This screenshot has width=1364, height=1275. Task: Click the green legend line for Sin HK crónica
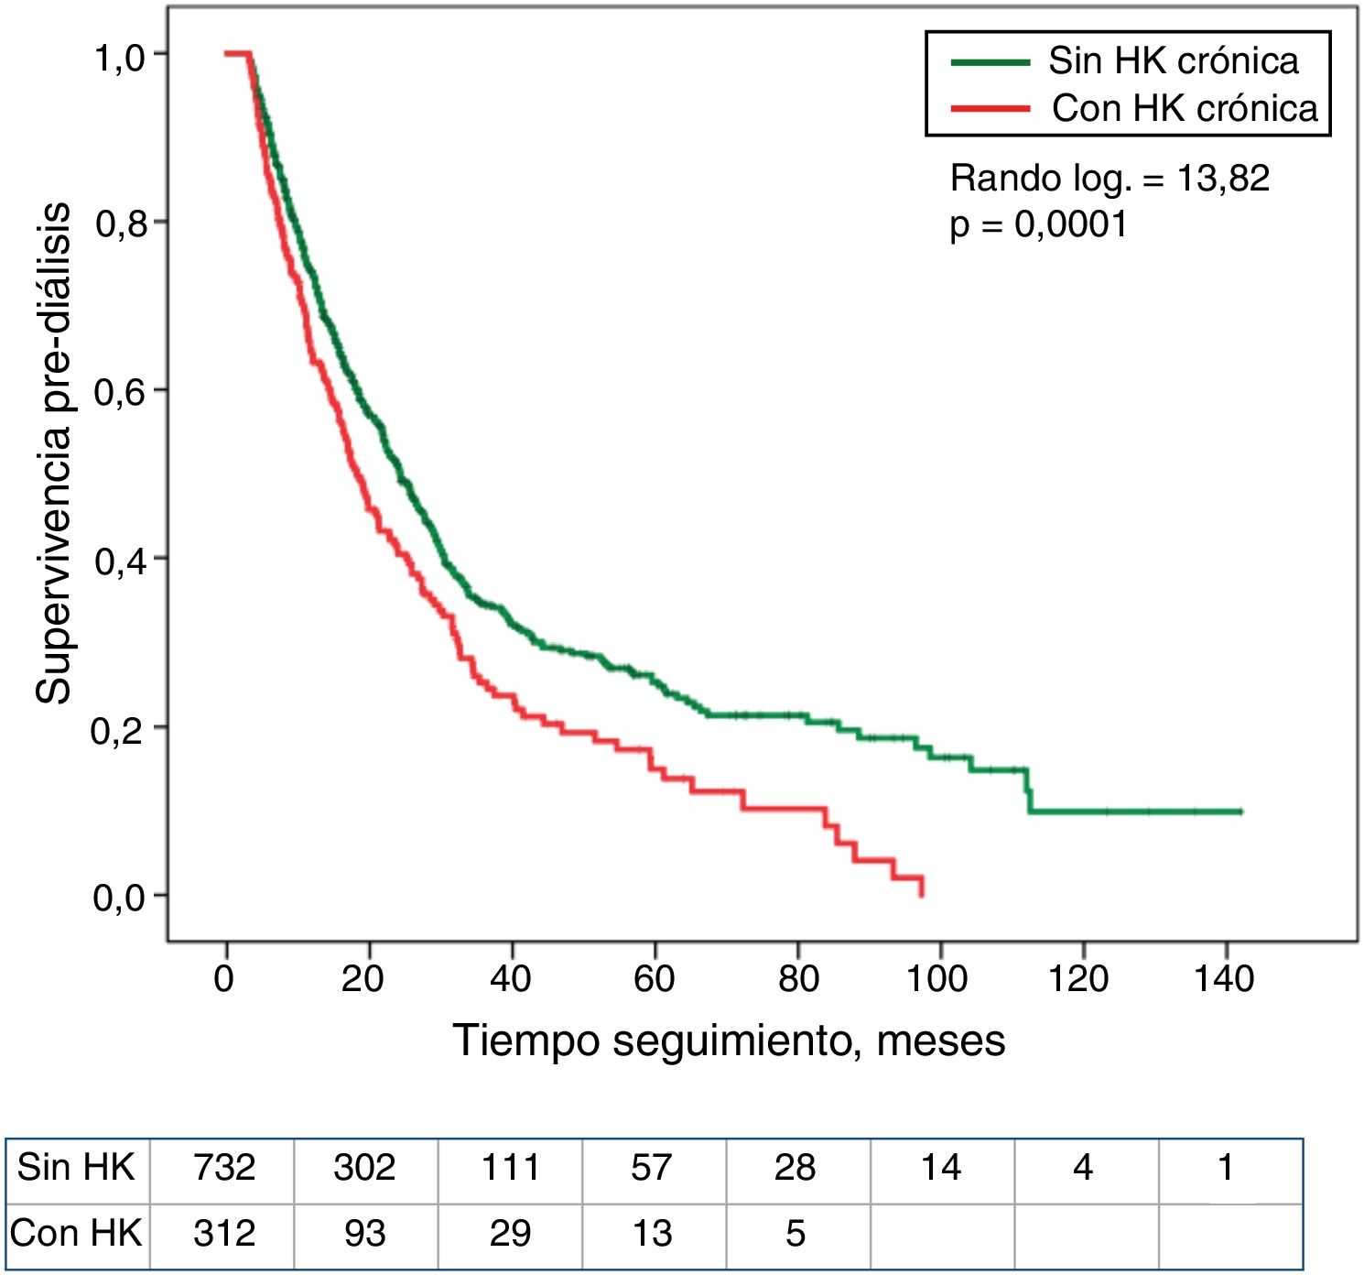coord(991,62)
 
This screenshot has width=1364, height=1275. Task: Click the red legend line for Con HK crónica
coord(991,109)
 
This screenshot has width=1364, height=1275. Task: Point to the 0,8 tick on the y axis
coord(160,222)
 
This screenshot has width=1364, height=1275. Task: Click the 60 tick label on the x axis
coord(655,979)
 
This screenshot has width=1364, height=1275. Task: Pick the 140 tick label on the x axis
coord(1224,979)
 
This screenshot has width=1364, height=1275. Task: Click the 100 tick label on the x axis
coord(937,979)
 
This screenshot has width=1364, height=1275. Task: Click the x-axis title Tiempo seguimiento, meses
coord(729,1041)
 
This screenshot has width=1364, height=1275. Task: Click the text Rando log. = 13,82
coord(1110,178)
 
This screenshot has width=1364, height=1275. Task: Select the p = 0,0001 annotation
coord(1038,224)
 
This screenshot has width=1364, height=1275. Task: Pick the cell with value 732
coord(223,1168)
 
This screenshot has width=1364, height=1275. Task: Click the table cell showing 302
coord(364,1168)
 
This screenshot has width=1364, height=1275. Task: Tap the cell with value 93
coord(364,1233)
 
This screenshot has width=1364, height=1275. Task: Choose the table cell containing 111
coord(510,1168)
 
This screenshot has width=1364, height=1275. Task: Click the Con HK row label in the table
coord(77,1233)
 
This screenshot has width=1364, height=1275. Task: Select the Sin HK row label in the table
coord(77,1168)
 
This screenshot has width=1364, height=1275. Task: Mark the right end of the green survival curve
coord(1240,812)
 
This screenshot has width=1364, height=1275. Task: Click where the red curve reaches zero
coord(921,894)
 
